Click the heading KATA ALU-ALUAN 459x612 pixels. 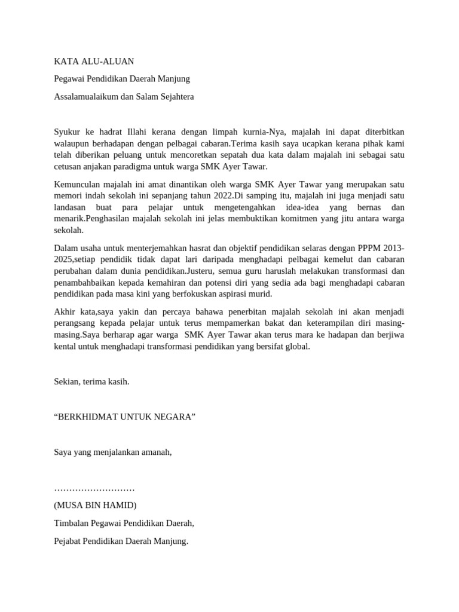coord(94,61)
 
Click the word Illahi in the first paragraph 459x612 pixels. coord(142,131)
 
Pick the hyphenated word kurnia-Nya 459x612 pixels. coord(271,131)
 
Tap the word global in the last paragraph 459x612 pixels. coord(296,346)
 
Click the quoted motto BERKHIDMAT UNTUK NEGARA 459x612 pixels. coord(125,417)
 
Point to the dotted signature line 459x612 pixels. coord(94,488)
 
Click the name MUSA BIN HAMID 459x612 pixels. coord(95,505)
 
